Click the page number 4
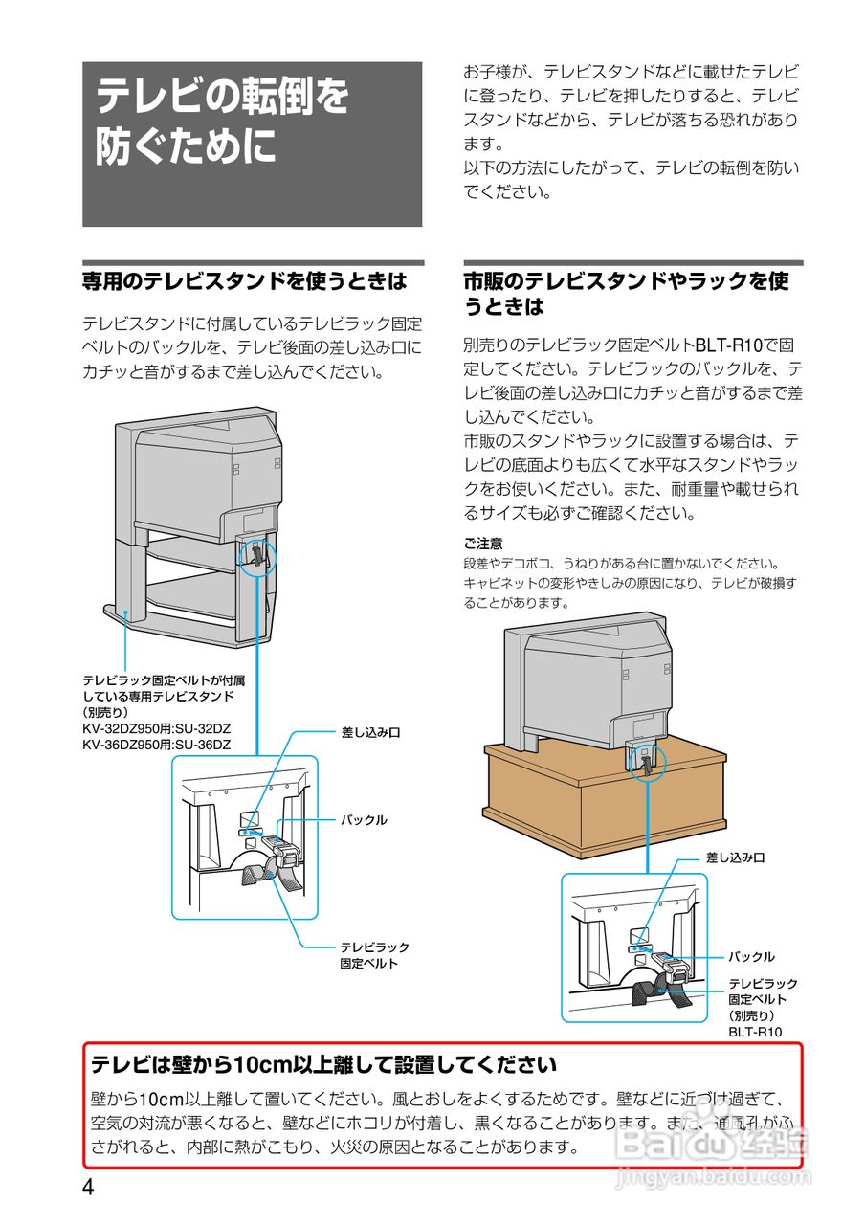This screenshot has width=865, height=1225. pyautogui.click(x=88, y=1188)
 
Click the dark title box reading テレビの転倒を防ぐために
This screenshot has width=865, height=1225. pyautogui.click(x=252, y=144)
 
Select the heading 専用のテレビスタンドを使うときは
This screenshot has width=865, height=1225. pyautogui.click(x=244, y=281)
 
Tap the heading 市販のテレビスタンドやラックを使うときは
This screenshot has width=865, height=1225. pyautogui.click(x=627, y=294)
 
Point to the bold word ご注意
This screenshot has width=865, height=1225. pyautogui.click(x=483, y=543)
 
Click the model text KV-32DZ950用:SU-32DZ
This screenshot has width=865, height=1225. pyautogui.click(x=156, y=728)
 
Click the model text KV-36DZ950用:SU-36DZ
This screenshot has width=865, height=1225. pyautogui.click(x=156, y=744)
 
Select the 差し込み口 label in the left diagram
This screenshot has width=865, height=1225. pyautogui.click(x=370, y=732)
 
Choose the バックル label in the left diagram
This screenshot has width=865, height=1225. pyautogui.click(x=364, y=820)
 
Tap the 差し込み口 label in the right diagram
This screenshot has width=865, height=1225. pyautogui.click(x=735, y=858)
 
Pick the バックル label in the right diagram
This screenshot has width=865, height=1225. pyautogui.click(x=751, y=956)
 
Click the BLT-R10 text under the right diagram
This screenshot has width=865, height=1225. pyautogui.click(x=755, y=1032)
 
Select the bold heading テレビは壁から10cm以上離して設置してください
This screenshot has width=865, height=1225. pyautogui.click(x=323, y=1064)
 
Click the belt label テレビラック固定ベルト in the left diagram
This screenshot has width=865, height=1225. pyautogui.click(x=374, y=955)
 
